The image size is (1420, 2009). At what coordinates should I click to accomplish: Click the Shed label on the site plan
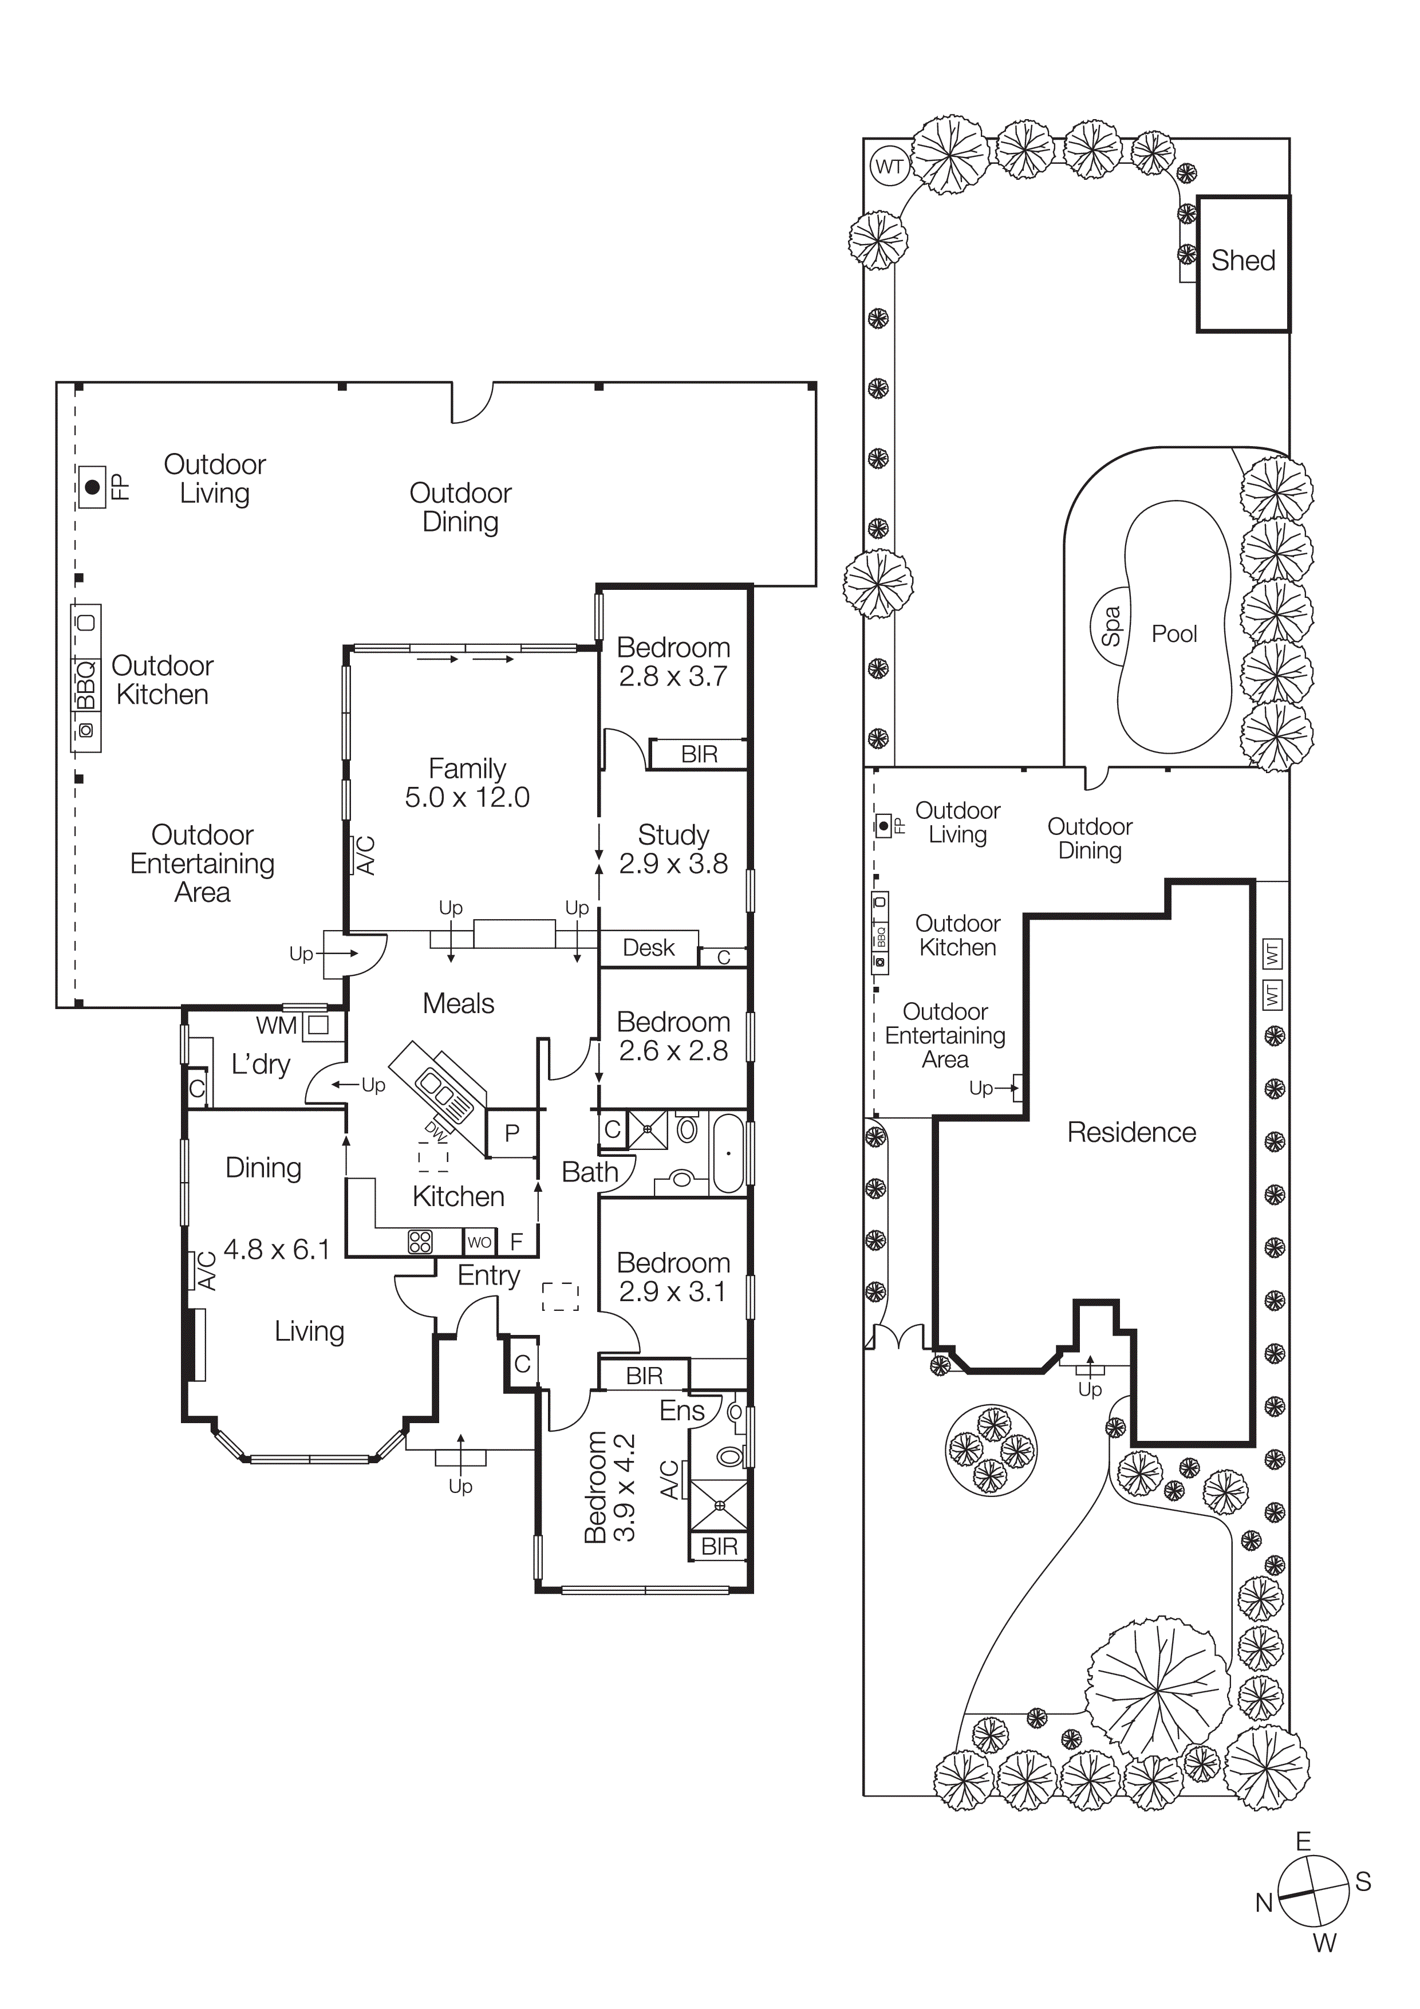click(1242, 261)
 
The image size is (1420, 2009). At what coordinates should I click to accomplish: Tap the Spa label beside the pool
click(1110, 627)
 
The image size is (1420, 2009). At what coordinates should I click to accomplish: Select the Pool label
click(1173, 633)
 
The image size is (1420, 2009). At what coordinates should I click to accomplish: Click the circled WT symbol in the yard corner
click(889, 166)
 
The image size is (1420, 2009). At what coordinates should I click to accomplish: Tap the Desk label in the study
click(648, 948)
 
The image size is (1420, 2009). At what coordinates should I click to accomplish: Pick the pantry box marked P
click(512, 1133)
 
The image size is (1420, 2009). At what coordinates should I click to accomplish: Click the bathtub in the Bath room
click(728, 1153)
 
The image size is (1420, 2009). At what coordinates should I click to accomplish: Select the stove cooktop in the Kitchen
click(420, 1242)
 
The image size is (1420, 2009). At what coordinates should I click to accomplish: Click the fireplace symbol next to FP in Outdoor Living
click(92, 486)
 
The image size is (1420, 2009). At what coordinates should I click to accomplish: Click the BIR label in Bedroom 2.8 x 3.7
click(699, 754)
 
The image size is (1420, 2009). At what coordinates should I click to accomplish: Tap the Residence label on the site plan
click(1130, 1132)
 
